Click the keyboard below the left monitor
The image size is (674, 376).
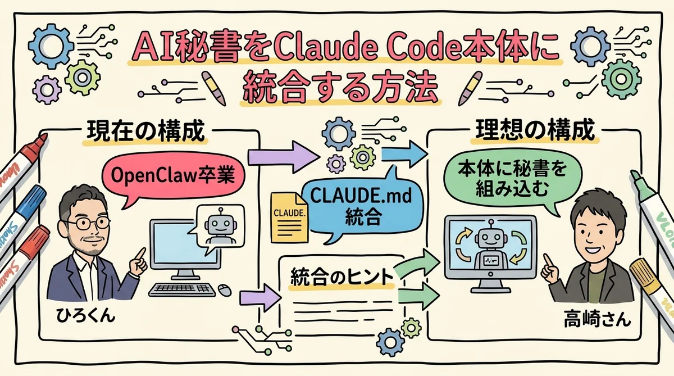182,289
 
